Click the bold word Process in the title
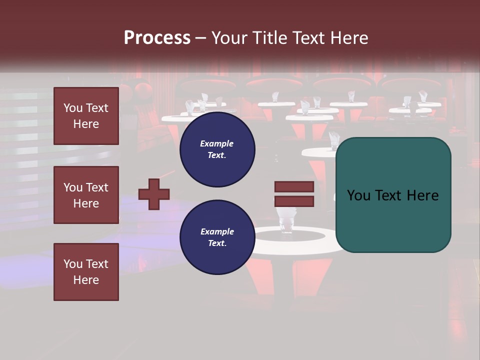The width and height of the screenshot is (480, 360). (157, 37)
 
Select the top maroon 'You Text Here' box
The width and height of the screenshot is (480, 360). (86, 116)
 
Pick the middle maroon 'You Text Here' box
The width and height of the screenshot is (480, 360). (86, 195)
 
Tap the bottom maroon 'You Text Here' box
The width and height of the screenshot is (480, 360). (86, 272)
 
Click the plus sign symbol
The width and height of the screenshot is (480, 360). (154, 194)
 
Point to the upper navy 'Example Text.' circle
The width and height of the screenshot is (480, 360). (217, 149)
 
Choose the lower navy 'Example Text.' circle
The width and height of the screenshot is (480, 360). (217, 237)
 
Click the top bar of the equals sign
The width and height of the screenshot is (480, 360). (294, 187)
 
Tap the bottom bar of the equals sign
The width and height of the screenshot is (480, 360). (294, 201)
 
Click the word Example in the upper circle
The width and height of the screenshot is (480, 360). (217, 143)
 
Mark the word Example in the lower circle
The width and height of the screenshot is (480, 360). (217, 231)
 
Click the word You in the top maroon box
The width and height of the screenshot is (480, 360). (72, 108)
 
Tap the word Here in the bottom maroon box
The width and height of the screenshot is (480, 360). (86, 280)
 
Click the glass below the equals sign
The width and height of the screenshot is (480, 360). (286, 220)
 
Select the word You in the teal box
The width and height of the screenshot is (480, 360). (358, 195)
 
